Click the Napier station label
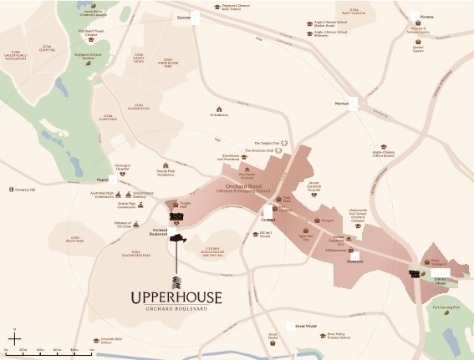103,178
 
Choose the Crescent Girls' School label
113,341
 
